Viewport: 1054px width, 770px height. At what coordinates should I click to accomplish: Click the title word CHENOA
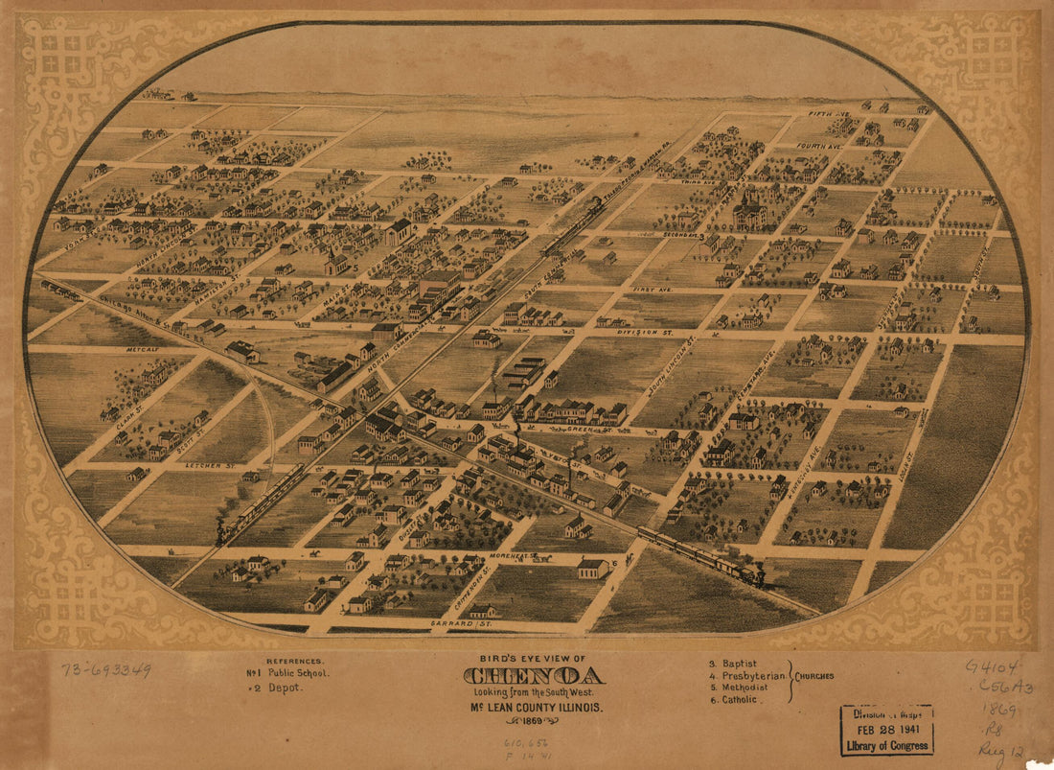(x=533, y=676)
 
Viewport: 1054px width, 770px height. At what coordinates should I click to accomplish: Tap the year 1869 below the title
(x=533, y=720)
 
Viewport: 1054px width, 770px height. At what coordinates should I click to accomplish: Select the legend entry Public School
(x=298, y=673)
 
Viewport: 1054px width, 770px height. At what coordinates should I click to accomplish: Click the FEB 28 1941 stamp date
(x=886, y=730)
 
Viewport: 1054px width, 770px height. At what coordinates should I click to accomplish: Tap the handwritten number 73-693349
(x=105, y=669)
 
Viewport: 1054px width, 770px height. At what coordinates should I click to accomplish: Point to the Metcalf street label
(x=141, y=350)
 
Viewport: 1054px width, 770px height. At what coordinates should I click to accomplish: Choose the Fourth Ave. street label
(x=820, y=146)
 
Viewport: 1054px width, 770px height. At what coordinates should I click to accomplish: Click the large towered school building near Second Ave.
(x=749, y=211)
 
